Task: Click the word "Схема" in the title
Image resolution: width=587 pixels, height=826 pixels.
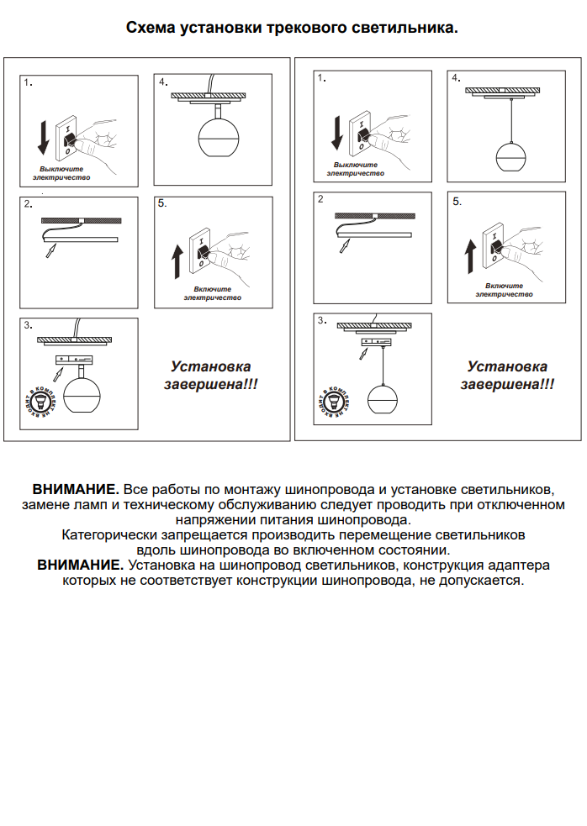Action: pos(151,28)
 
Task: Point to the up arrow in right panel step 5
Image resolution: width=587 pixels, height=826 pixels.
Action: pos(470,255)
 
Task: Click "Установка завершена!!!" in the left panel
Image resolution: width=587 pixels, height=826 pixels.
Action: pos(210,375)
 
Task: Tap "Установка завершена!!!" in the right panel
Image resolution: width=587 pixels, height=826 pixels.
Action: pos(507,375)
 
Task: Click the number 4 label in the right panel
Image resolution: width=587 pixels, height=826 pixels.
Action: pos(456,78)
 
